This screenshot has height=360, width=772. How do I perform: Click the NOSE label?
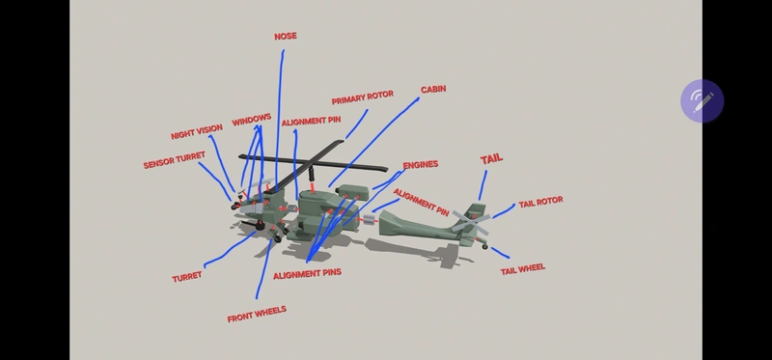286,37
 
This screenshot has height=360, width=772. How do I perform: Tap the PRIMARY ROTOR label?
363,99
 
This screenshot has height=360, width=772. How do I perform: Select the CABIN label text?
433,89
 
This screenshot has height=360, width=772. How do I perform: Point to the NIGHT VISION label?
197,132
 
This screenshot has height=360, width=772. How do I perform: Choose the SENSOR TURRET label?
175,160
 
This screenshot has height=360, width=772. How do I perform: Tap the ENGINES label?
420,165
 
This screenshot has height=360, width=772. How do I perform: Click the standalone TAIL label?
491,158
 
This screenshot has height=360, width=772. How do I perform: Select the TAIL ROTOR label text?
540,203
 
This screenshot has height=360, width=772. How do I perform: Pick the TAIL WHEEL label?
522,269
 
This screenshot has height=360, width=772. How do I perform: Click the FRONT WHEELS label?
257,315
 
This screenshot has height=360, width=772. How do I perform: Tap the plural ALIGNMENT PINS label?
307,273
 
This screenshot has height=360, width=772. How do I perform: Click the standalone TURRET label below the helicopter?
187,277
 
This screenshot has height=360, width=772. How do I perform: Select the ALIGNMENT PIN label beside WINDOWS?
311,123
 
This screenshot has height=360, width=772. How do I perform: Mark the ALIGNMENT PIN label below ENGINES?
421,200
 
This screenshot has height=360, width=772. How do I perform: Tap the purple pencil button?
702,99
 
